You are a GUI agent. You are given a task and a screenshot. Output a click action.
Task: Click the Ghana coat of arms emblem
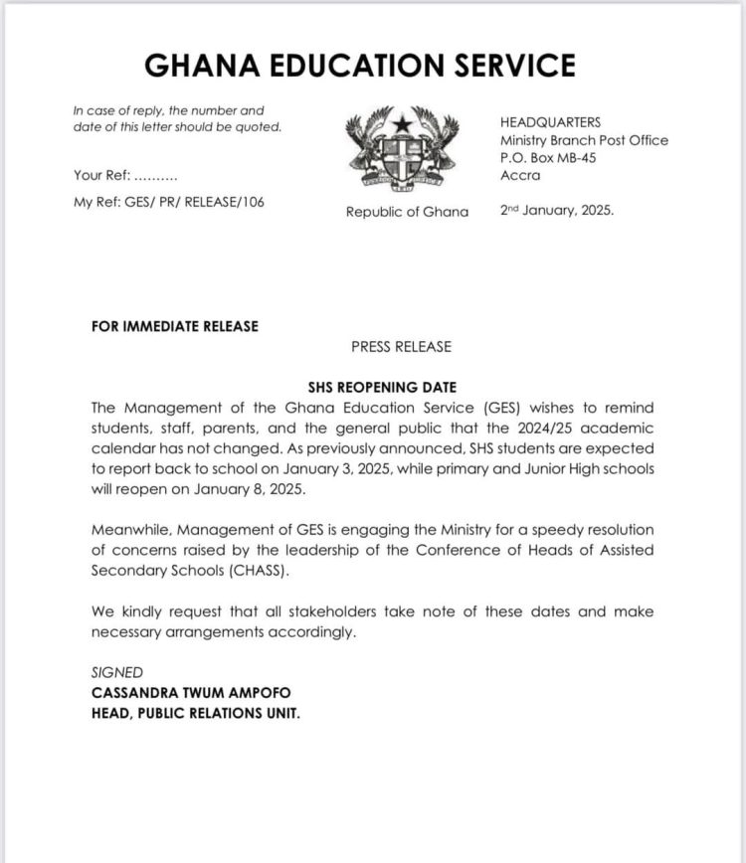click(x=403, y=151)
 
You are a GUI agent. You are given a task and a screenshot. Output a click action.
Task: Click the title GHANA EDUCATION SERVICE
click(x=360, y=66)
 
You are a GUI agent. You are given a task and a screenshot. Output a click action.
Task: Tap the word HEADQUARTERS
click(x=550, y=121)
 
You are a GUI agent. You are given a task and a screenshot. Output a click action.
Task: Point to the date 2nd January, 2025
click(x=557, y=211)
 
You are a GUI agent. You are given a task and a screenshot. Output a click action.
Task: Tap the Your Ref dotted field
click(x=154, y=176)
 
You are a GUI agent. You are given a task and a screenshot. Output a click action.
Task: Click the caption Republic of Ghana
click(x=407, y=212)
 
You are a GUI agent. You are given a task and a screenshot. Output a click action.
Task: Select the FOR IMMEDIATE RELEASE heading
click(x=174, y=326)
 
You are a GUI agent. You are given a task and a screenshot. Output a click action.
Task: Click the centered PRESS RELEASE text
click(x=401, y=347)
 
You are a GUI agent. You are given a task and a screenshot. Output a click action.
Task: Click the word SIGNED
click(x=116, y=673)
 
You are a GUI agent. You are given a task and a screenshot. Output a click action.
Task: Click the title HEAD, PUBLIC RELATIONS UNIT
click(x=195, y=713)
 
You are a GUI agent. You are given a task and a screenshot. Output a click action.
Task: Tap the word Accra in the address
click(x=520, y=176)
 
